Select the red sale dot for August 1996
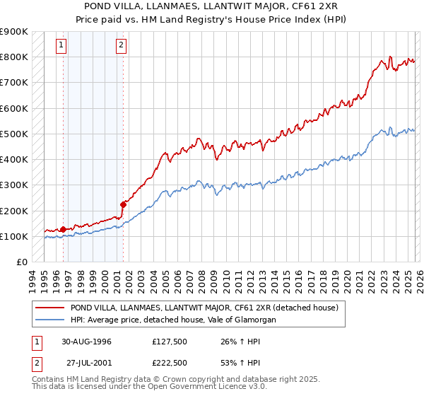click(x=64, y=229)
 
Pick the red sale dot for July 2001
click(x=123, y=205)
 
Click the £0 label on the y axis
click(x=21, y=262)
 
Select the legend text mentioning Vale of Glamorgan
click(x=172, y=320)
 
